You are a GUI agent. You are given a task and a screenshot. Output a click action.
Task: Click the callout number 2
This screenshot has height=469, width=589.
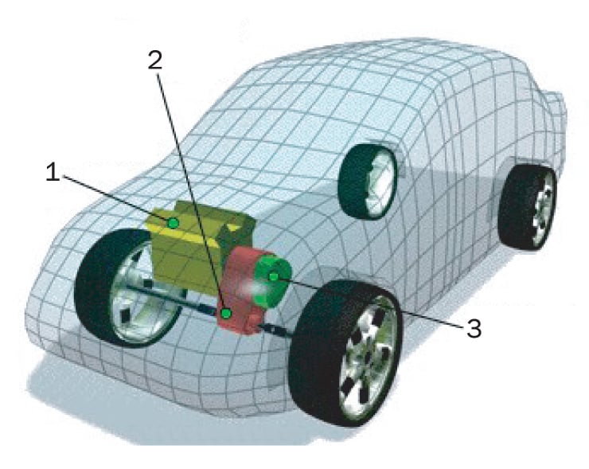pyautogui.click(x=155, y=61)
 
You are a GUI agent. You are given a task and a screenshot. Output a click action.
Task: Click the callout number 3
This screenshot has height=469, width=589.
pyautogui.click(x=474, y=328)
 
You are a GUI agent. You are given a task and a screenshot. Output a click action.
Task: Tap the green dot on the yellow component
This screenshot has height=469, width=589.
pyautogui.click(x=174, y=223)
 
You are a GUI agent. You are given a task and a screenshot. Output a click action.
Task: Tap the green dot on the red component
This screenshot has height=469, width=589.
pyautogui.click(x=226, y=313)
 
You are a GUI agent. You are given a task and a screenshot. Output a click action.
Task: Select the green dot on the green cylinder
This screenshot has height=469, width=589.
pyautogui.click(x=274, y=277)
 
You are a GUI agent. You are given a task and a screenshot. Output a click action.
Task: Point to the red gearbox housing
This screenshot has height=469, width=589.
pyautogui.click(x=244, y=290)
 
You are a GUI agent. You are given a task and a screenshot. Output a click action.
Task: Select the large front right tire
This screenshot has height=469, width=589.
pyautogui.click(x=345, y=353)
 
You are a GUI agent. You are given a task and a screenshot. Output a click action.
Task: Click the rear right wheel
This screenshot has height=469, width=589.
pyautogui.click(x=527, y=207)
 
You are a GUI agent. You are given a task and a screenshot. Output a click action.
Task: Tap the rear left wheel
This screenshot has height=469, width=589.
pyautogui.click(x=368, y=181)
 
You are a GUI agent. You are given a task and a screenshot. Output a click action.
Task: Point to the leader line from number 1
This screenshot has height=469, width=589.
pyautogui.click(x=116, y=197)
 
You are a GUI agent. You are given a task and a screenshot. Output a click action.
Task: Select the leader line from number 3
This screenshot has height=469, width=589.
pyautogui.click(x=371, y=303)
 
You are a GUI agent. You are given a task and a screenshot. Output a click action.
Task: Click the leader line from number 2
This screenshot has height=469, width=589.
pyautogui.click(x=190, y=192)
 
